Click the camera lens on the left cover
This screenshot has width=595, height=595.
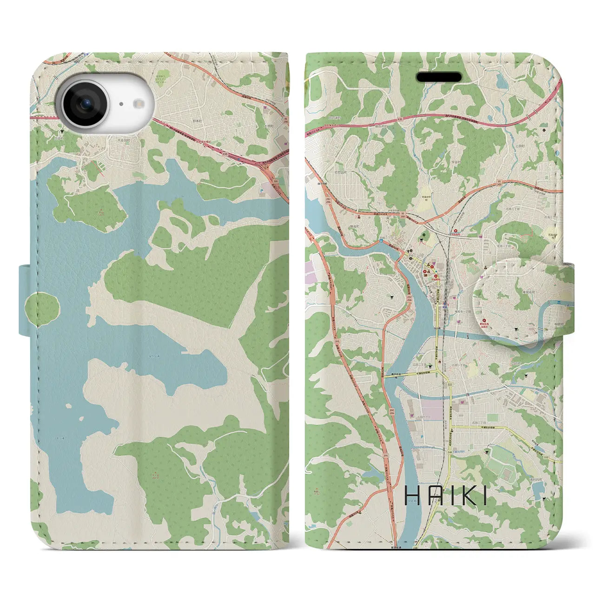[x=85, y=104]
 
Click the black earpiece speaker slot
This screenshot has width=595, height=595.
[x=439, y=77]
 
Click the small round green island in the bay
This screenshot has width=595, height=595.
[x=42, y=308]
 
